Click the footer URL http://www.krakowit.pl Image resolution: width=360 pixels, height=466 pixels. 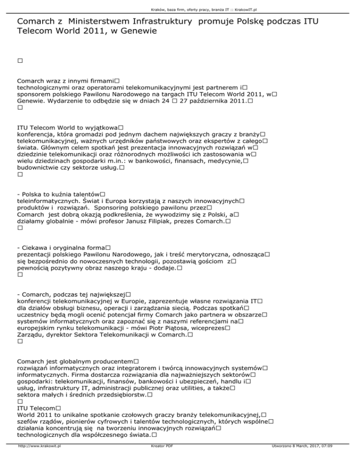tap(41, 459)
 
